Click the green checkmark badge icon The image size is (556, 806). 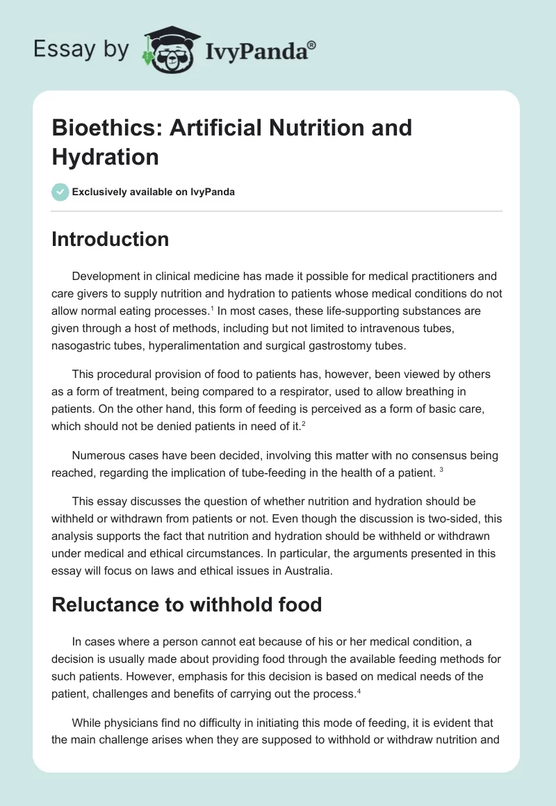[61, 192]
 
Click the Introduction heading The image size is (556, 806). [111, 239]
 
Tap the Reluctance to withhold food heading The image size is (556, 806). [187, 604]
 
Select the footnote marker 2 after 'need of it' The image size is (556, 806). [303, 424]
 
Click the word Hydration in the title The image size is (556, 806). [105, 156]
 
